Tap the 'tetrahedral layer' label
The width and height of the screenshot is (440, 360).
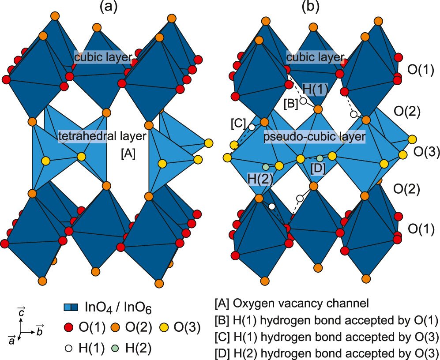click(x=102, y=137)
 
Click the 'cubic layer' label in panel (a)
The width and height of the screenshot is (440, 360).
click(x=103, y=57)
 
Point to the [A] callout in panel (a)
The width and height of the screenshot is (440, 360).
click(x=128, y=154)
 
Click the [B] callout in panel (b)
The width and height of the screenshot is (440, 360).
click(x=291, y=104)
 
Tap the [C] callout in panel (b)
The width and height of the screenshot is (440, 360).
click(x=238, y=124)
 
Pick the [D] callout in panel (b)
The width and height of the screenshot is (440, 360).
click(x=318, y=168)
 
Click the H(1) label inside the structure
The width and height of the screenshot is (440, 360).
click(x=316, y=90)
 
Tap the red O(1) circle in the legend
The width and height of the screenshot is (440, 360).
click(x=66, y=327)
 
